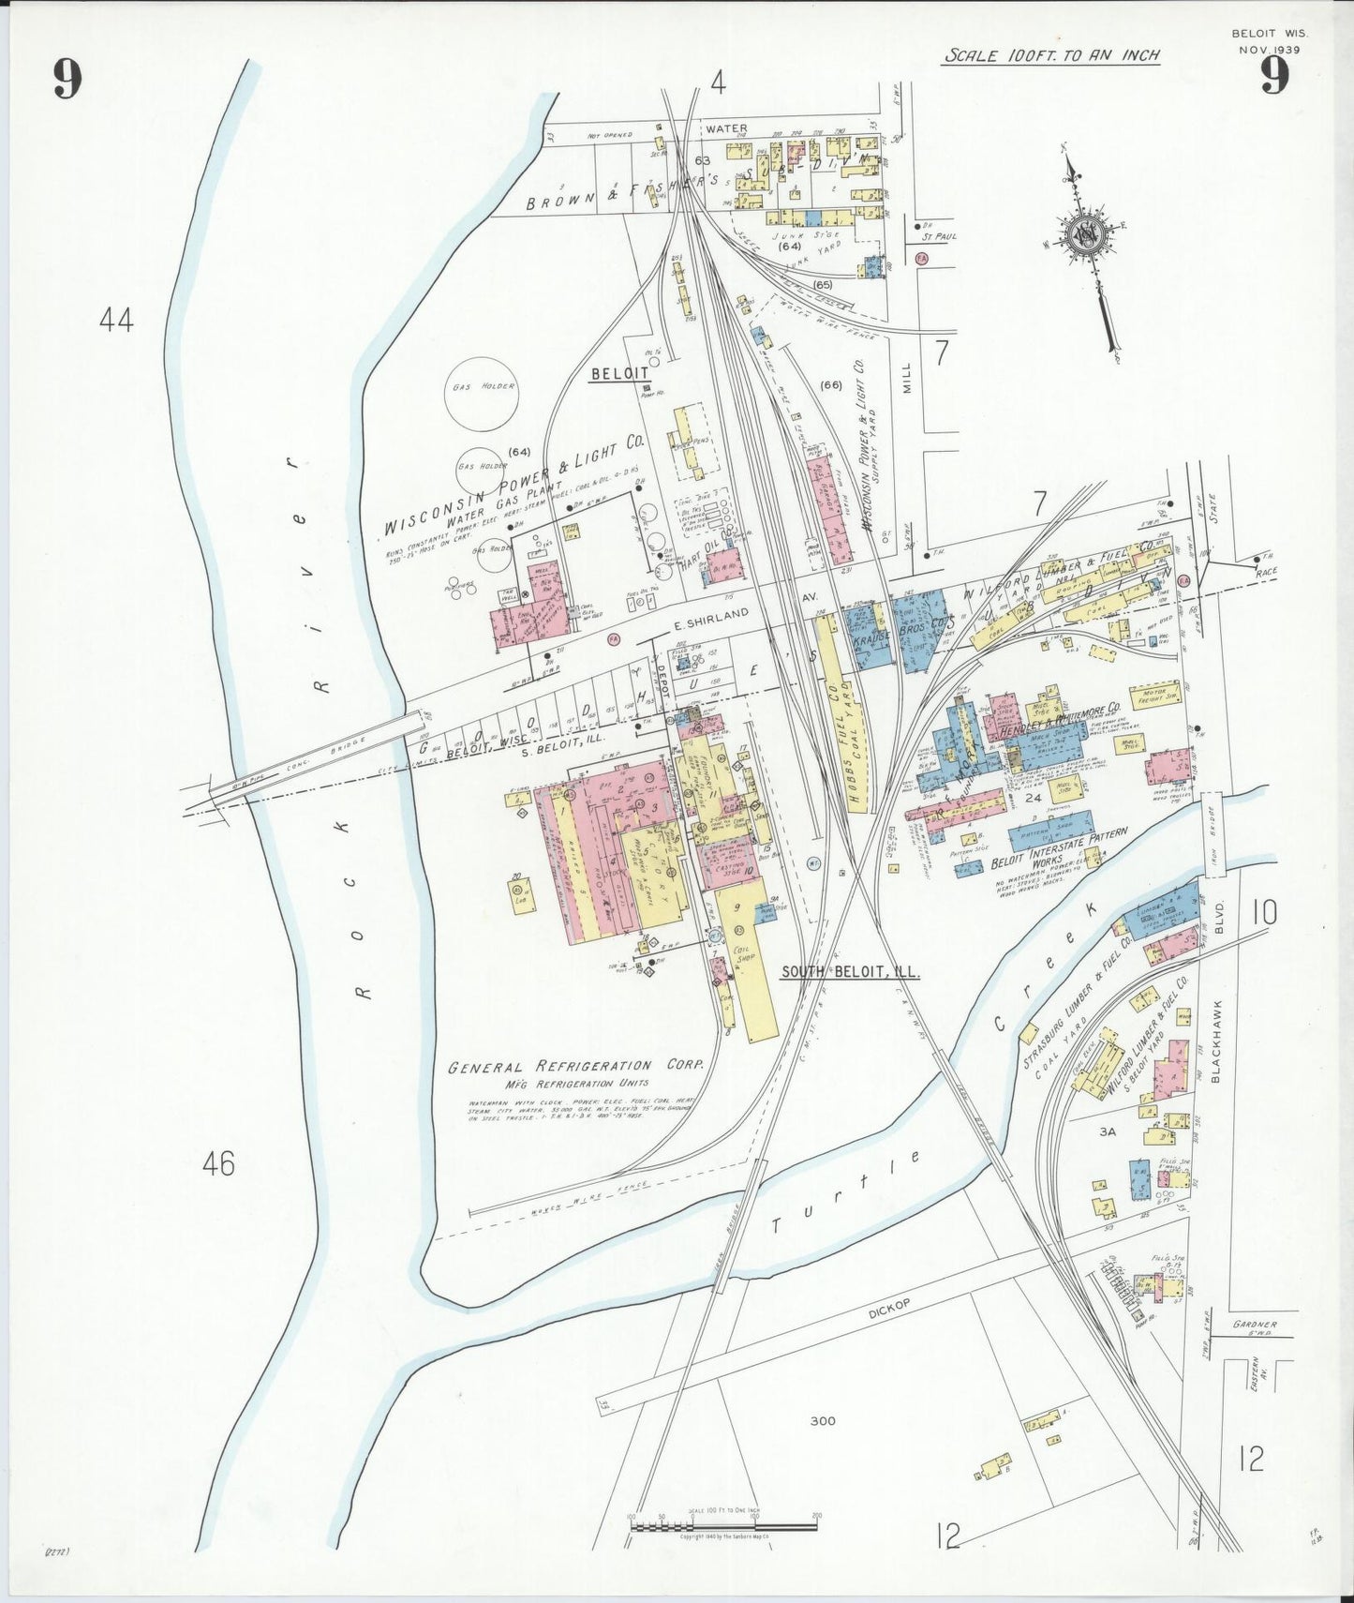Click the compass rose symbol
pos(1086,234)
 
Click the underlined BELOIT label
pos(619,373)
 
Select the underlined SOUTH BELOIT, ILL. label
pos(850,972)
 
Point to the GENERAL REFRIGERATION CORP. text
pos(575,1067)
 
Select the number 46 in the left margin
pos(218,1164)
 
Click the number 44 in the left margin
pos(116,321)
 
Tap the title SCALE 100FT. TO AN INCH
pos(1051,55)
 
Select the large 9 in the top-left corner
pos(67,79)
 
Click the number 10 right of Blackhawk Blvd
pos(1264,912)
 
